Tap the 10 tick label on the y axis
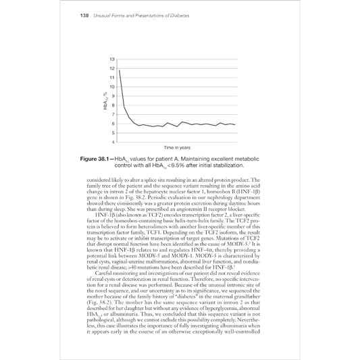tap(111, 88)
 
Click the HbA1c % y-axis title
tap(105, 101)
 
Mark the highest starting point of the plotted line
tap(120, 70)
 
